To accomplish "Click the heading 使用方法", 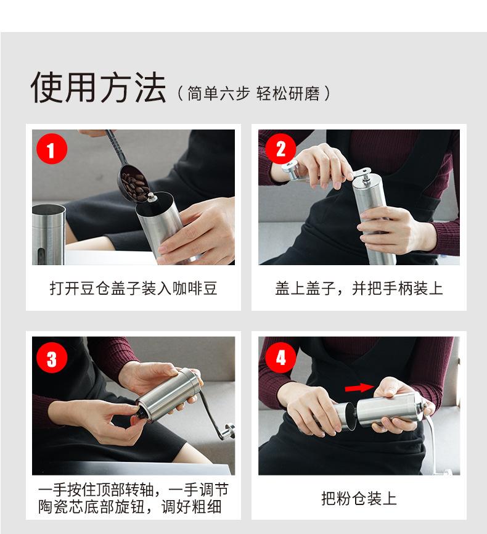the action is click(98, 87).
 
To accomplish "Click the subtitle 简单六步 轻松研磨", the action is click(254, 93).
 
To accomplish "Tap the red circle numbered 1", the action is click(51, 149).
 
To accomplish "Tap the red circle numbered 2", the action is click(280, 149).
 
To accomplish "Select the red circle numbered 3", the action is click(51, 358).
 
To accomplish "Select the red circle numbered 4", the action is click(280, 358).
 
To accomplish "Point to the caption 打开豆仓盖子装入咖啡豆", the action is click(134, 288).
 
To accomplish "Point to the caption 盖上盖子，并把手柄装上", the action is click(359, 288).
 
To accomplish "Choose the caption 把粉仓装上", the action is click(359, 499).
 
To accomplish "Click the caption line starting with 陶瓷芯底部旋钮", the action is click(129, 507).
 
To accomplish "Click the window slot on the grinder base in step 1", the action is click(41, 256).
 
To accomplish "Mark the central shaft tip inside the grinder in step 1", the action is click(151, 197).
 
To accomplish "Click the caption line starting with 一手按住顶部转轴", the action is click(133, 490).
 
